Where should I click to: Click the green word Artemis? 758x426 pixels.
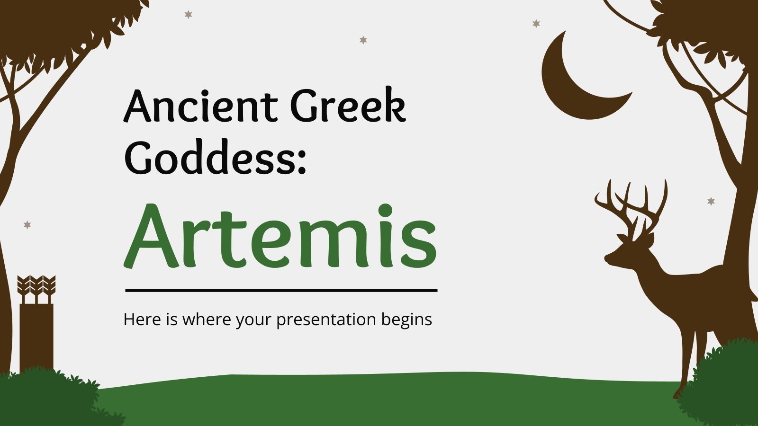coord(280,237)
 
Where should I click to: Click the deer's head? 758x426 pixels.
coord(625,251)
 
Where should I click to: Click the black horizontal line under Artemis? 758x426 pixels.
coord(281,290)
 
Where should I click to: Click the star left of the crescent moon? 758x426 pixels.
coord(536,23)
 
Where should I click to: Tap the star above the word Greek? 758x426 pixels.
coord(363,40)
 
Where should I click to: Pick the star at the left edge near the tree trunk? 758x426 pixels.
coord(27,224)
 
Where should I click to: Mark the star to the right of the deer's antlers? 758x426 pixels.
coord(711,201)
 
